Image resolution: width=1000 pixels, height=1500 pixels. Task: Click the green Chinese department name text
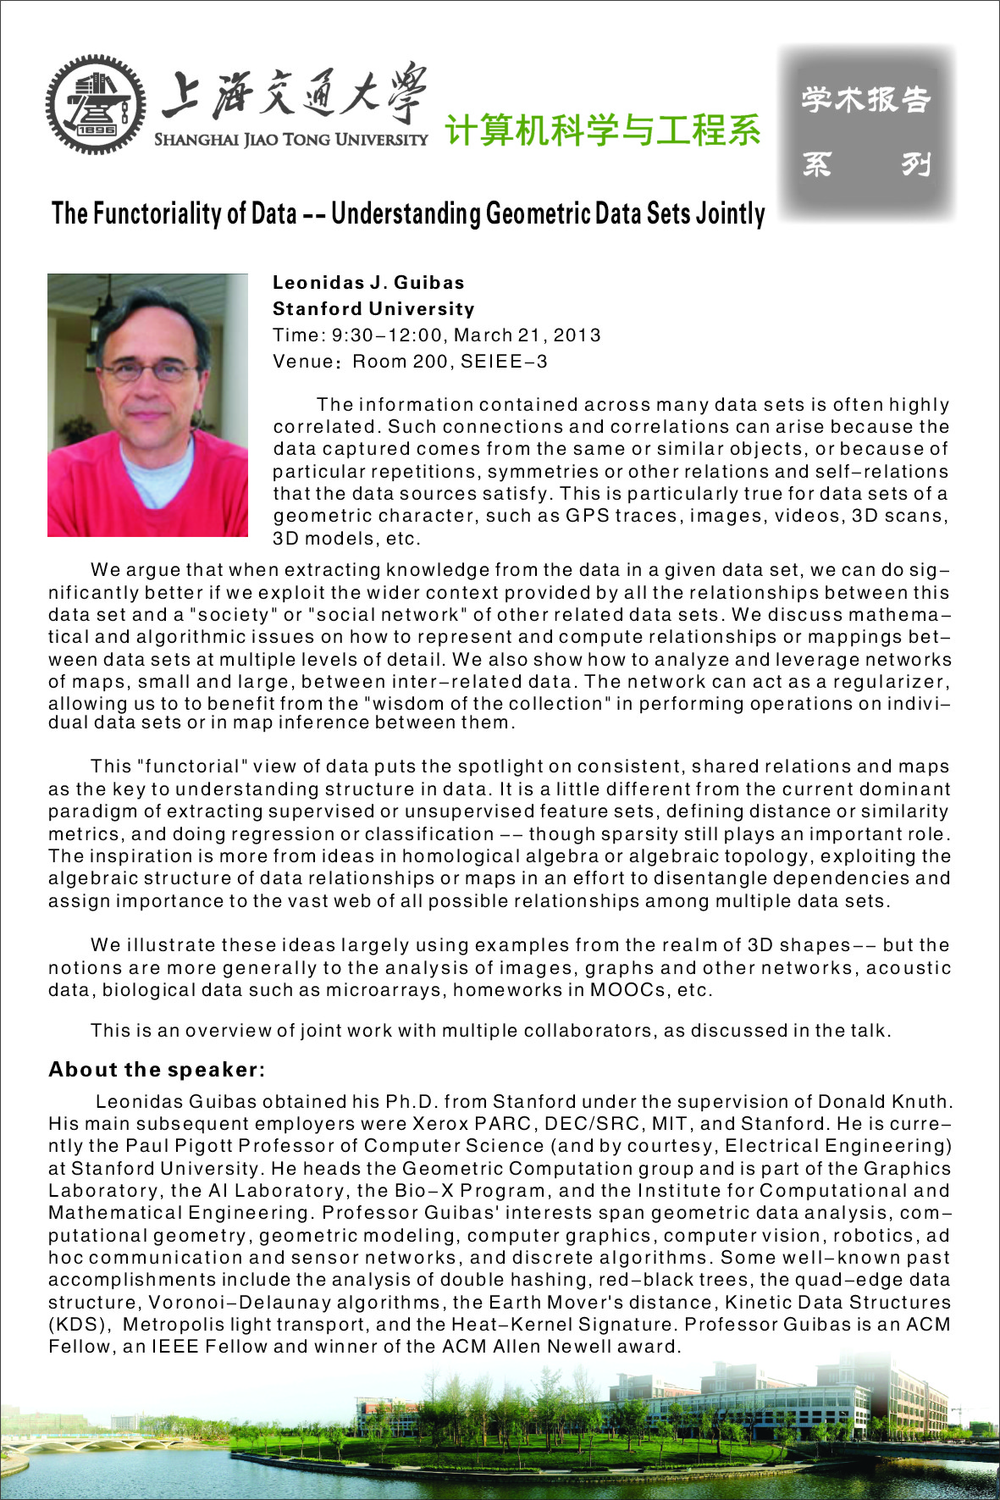602,130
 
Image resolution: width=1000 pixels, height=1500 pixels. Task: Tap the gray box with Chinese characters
866,132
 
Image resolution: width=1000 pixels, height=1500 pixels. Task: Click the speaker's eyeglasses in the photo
149,370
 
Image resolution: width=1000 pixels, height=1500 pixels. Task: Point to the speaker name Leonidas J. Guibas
368,283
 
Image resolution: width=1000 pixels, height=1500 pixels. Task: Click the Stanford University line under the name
373,309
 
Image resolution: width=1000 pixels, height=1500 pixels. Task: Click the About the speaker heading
157,1070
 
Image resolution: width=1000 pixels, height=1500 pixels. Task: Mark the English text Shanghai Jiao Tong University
290,140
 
